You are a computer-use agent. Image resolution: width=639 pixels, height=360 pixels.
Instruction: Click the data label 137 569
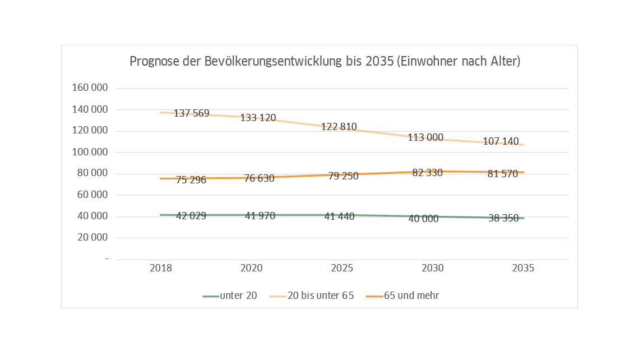tap(191, 114)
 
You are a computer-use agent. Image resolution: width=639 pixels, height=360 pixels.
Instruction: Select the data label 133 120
tap(258, 118)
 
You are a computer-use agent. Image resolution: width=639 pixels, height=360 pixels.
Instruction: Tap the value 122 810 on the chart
tap(339, 127)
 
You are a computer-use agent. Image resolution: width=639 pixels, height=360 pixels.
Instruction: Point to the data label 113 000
tap(425, 137)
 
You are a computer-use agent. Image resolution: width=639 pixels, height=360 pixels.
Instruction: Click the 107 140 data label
tap(501, 142)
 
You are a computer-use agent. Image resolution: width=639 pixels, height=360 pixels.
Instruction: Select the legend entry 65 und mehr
tap(411, 296)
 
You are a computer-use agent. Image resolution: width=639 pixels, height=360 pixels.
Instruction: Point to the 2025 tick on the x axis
tap(342, 269)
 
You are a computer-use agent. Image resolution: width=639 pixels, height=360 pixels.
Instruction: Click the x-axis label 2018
tap(161, 269)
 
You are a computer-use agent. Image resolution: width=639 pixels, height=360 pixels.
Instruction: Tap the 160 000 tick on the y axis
tap(90, 89)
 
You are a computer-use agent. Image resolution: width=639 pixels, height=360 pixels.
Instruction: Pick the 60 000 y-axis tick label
tap(92, 195)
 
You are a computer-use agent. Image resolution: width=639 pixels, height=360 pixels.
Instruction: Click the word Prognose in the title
tap(154, 62)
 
